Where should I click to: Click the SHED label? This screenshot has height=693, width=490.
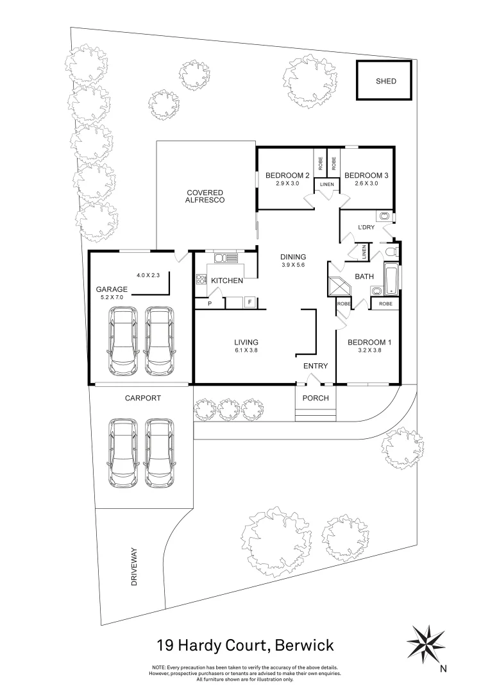coord(385,81)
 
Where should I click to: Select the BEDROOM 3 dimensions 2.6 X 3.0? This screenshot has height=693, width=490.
coord(366,184)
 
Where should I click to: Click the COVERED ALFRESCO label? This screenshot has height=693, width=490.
coord(205,196)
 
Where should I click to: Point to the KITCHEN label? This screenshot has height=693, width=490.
coord(227,280)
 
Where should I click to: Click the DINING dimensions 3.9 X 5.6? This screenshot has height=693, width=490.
coord(293,265)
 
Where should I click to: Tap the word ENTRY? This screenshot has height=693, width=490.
coord(316,366)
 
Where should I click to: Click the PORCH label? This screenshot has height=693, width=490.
coord(316,398)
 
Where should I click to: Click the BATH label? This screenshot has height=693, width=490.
coord(364,277)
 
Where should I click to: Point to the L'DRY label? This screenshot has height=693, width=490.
coord(366,228)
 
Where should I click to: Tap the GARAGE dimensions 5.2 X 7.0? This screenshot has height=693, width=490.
coord(112,298)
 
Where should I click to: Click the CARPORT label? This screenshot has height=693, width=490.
coord(143,398)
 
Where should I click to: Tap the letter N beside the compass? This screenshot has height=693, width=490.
coord(443,669)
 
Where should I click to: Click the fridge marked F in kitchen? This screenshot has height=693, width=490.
coord(249,301)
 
